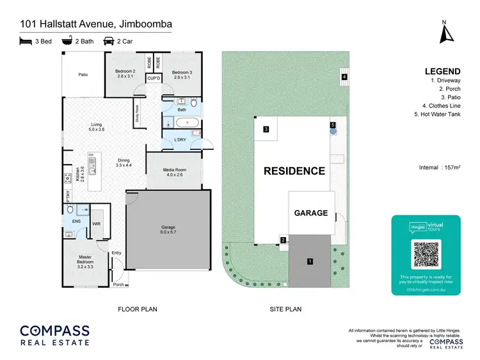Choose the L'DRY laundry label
[x=180, y=140]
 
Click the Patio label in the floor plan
[x=83, y=75]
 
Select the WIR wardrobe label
[x=97, y=224]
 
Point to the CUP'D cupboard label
[x=154, y=78]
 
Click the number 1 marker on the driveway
[x=310, y=261]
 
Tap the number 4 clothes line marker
[x=344, y=77]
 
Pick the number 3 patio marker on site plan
[x=266, y=129]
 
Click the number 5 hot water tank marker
[x=333, y=124]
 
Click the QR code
[x=426, y=254]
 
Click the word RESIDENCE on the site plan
[x=295, y=171]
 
